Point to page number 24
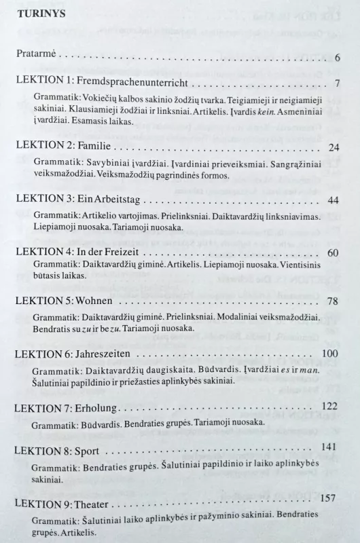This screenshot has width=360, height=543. [x=333, y=147]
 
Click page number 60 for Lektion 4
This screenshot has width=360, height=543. [x=333, y=252]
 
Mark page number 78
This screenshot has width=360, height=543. [x=333, y=301]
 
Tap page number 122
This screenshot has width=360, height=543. [x=329, y=405]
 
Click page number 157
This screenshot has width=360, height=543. [x=329, y=498]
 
